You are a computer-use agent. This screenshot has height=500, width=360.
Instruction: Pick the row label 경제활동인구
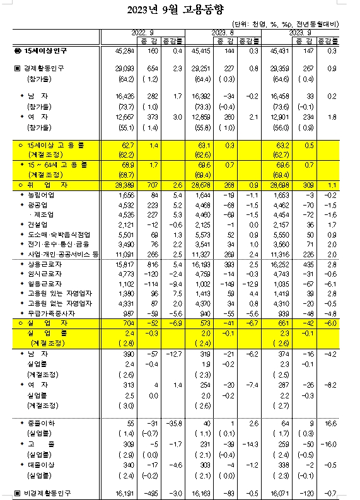tap(46, 67)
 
